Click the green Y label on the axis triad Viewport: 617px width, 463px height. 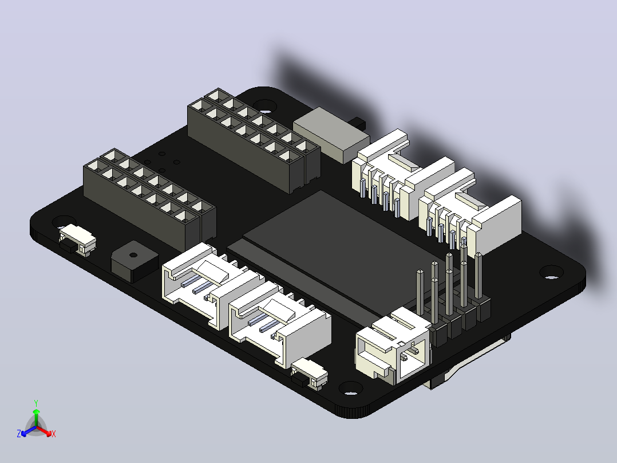coord(36,403)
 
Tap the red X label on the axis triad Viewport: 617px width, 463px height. coord(54,434)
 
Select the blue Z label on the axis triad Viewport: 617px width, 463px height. coord(19,433)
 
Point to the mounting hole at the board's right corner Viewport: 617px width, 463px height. coord(551,272)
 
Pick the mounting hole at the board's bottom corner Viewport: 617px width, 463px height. coord(351,388)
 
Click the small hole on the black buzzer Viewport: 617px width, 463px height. coord(133,255)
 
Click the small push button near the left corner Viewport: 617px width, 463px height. coord(77,240)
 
